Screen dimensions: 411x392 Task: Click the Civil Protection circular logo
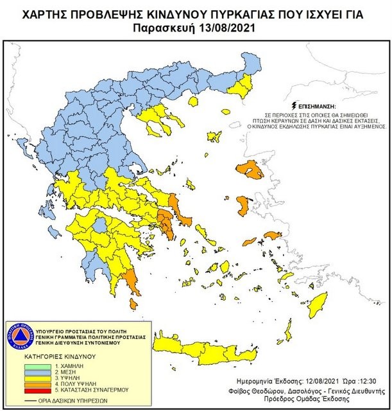[x=21, y=337]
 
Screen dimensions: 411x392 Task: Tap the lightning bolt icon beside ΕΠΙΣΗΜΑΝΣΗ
[x=294, y=104]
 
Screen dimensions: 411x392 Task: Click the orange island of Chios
[x=243, y=206]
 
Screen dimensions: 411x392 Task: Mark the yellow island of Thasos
[x=193, y=101]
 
